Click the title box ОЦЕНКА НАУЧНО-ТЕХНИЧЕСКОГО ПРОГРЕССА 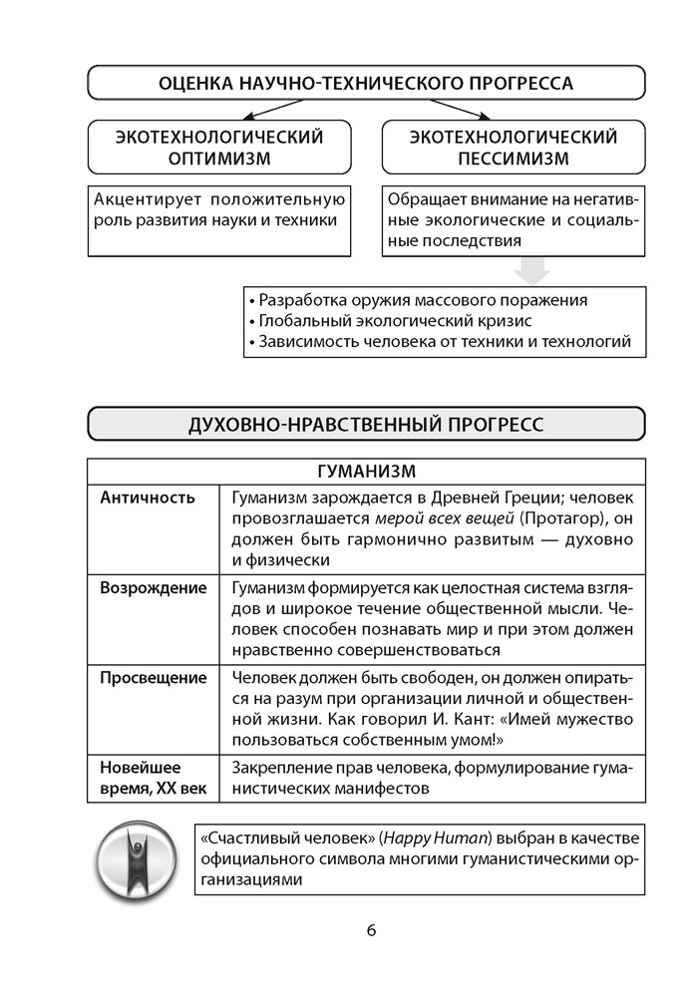[366, 84]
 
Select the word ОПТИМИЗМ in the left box [219, 158]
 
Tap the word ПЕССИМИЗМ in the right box [515, 158]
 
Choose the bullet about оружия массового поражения [423, 300]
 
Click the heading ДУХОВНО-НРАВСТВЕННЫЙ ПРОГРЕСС [366, 424]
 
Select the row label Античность [148, 497]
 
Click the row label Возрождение [154, 587]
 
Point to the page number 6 [371, 931]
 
